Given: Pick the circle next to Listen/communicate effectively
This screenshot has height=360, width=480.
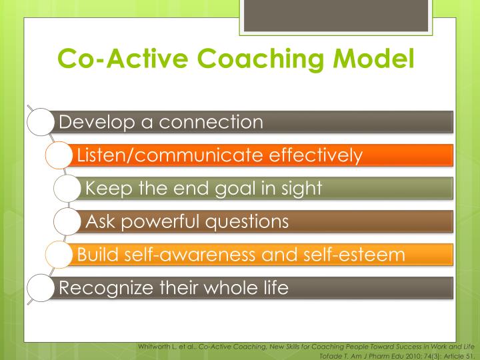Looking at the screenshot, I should click(x=59, y=155).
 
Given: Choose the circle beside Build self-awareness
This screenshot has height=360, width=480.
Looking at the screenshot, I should click(x=59, y=255).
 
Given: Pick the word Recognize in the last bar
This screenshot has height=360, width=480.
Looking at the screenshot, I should click(x=100, y=289).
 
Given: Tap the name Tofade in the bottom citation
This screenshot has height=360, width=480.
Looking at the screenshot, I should click(x=330, y=354).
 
